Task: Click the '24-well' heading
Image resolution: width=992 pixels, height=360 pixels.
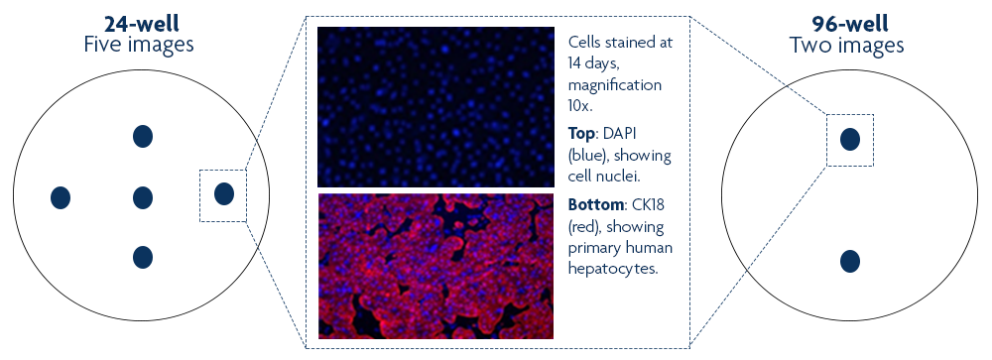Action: [x=142, y=24]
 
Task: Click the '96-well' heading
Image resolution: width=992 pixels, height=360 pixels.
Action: [x=850, y=24]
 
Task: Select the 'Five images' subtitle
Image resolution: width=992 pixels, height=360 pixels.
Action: [x=139, y=46]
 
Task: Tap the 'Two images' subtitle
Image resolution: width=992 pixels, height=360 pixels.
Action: [x=846, y=46]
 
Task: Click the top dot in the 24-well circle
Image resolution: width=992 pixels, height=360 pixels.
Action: [x=143, y=136]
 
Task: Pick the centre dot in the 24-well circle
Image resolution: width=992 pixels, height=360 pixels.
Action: [x=143, y=198]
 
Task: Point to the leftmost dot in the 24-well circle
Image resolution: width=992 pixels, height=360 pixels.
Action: [x=61, y=198]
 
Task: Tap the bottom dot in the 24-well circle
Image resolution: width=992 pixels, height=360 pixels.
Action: [x=143, y=258]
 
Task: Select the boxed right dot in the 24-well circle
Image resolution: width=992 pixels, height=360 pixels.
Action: [x=224, y=193]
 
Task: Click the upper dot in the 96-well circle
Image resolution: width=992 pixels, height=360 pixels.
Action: [x=850, y=139]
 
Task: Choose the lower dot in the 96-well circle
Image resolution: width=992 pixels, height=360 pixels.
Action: [x=850, y=261]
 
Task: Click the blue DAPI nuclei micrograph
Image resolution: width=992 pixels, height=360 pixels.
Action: [x=435, y=107]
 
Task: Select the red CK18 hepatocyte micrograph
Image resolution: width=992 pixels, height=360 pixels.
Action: [x=435, y=266]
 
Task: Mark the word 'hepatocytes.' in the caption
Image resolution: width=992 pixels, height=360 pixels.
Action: [x=614, y=268]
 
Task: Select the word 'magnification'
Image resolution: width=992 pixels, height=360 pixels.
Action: [x=615, y=85]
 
